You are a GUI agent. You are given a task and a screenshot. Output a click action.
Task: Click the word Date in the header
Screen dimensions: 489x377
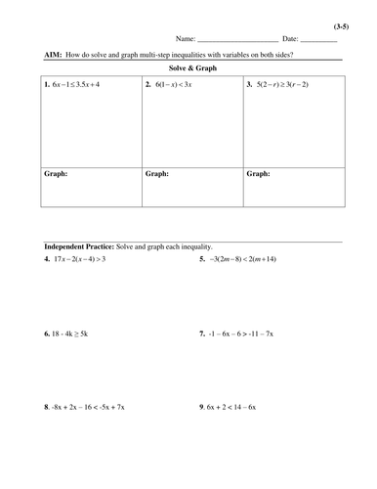coord(289,39)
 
